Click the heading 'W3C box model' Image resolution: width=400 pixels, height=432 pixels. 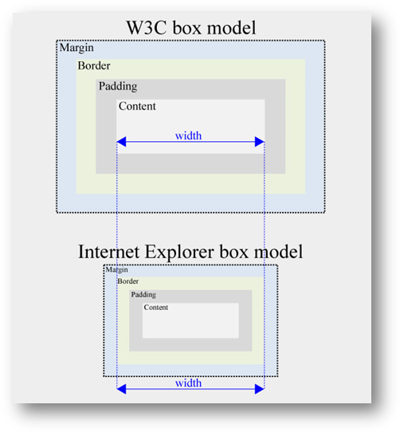point(190,27)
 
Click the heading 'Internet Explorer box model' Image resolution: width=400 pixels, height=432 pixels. point(190,252)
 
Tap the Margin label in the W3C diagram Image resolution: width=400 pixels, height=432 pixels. point(77,49)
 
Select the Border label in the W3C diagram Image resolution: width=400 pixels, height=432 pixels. point(94,66)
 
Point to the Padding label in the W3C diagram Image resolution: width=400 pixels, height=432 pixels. point(117,86)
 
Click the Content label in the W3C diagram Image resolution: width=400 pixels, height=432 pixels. point(137,106)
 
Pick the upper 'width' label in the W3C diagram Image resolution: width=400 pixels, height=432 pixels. point(189,135)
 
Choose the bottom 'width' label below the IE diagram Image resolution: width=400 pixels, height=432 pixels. point(189,383)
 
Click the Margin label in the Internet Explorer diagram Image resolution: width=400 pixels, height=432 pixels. point(116,270)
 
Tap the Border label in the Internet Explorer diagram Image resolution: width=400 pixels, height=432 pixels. point(127,281)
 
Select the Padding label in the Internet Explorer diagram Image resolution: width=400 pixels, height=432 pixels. point(143,295)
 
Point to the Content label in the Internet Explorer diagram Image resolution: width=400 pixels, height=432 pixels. point(155,308)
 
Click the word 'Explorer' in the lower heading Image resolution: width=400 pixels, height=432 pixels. point(185,252)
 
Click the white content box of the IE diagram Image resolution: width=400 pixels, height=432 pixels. point(191,323)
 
